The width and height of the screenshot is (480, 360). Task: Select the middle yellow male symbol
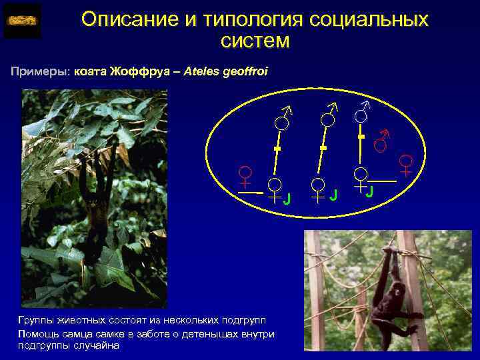point(329,115)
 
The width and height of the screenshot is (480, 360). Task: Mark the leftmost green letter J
point(287,198)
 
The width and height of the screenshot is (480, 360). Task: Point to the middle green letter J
point(333,195)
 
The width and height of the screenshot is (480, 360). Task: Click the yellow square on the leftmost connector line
point(279,147)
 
